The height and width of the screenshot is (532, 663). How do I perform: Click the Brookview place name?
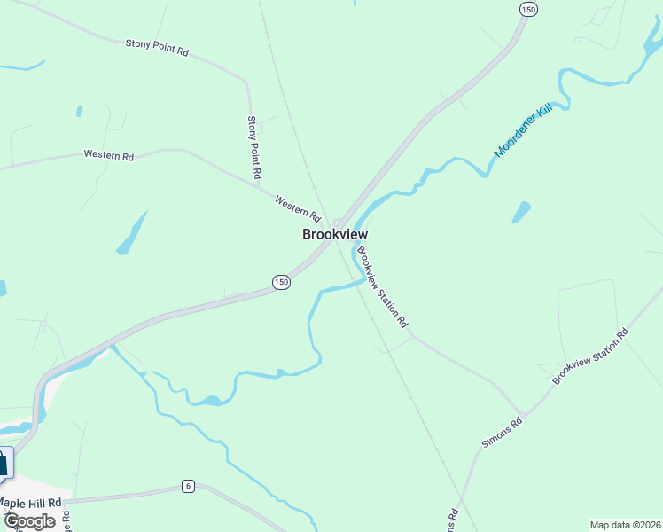tap(334, 235)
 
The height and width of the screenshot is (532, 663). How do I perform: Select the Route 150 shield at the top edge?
tap(528, 9)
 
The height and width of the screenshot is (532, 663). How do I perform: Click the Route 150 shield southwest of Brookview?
tap(280, 282)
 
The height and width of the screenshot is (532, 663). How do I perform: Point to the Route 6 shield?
tap(188, 486)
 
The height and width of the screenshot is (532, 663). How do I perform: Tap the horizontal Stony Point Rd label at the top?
tap(157, 47)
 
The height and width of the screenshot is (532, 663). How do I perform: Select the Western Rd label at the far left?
tap(108, 155)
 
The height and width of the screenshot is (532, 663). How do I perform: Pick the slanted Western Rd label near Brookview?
tap(297, 207)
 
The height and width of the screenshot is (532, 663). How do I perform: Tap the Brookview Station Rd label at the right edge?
tap(589, 356)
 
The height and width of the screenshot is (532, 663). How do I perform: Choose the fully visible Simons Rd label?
tap(503, 431)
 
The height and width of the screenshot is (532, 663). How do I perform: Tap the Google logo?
tap(29, 521)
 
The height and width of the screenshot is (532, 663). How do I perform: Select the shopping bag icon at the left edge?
tap(4, 463)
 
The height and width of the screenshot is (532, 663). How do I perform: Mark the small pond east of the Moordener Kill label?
tap(521, 213)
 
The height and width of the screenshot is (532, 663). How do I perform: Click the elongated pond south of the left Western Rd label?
tap(131, 235)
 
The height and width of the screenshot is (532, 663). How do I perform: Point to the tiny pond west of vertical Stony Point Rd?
tap(79, 112)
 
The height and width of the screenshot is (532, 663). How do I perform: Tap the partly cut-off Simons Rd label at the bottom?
tap(452, 519)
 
